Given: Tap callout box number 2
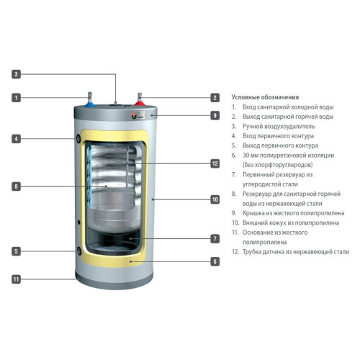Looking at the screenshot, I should [x=215, y=97].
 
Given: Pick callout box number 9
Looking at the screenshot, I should [x=215, y=115].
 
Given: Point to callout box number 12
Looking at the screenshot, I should [x=215, y=163].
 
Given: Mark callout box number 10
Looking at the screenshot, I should [x=215, y=199].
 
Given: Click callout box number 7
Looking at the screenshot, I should [x=215, y=238].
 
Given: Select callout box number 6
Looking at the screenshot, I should [x=215, y=261].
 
